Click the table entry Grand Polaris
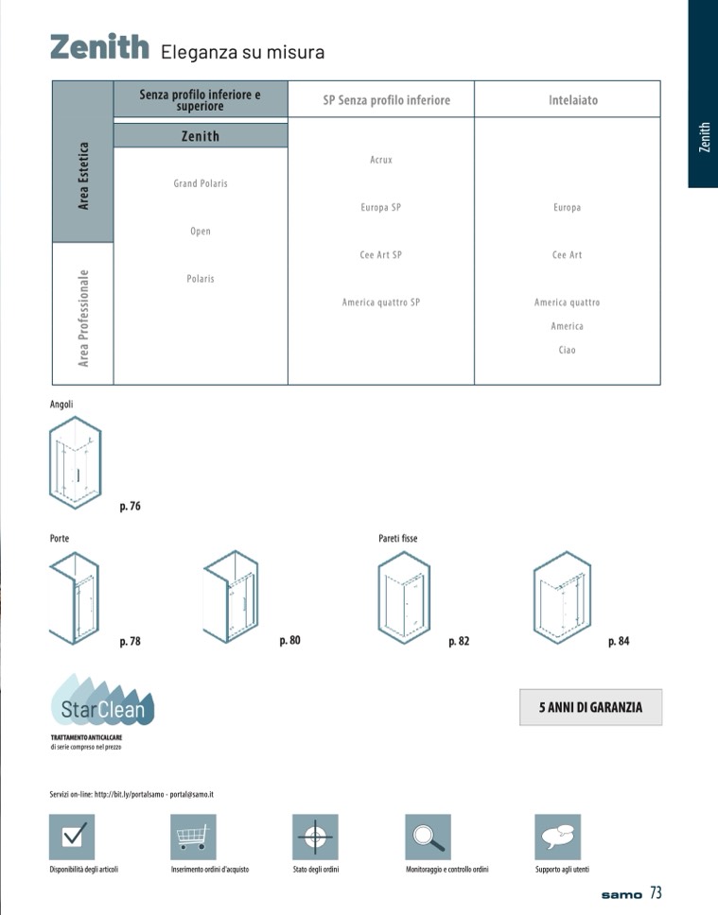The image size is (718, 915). [x=201, y=183]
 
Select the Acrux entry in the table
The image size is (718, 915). [x=381, y=160]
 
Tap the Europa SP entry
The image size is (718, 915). [x=381, y=207]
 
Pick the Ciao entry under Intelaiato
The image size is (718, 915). [x=567, y=350]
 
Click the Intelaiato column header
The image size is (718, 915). [x=573, y=100]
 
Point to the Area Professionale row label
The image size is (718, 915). [x=83, y=318]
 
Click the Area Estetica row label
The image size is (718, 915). [x=83, y=176]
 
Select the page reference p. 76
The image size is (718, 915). [x=131, y=506]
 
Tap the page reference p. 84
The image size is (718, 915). [x=619, y=641]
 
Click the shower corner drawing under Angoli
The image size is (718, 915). [x=76, y=462]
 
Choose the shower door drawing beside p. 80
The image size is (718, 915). [x=231, y=596]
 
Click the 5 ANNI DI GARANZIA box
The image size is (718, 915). [x=590, y=707]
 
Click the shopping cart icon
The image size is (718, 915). [x=193, y=837]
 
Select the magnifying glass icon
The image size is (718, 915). [x=429, y=837]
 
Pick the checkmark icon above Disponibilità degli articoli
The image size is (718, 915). [x=72, y=837]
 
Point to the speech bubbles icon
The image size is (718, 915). [x=558, y=837]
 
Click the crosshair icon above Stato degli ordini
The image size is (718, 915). [x=315, y=837]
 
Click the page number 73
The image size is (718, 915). [x=657, y=893]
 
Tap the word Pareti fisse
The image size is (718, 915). [x=398, y=538]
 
